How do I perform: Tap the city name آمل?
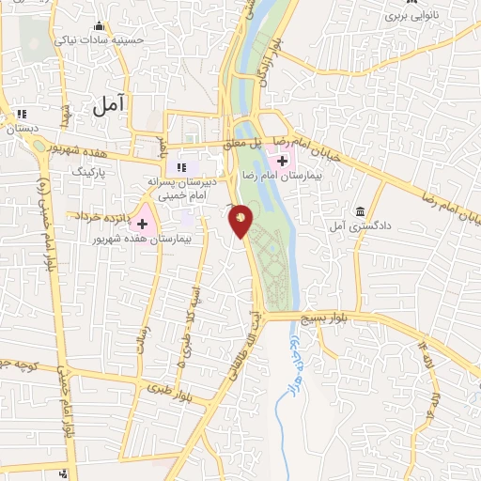(110, 105)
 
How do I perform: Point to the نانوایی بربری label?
(409, 17)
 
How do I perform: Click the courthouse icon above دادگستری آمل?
(363, 210)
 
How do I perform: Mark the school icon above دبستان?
(20, 115)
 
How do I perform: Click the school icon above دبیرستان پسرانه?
(182, 167)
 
